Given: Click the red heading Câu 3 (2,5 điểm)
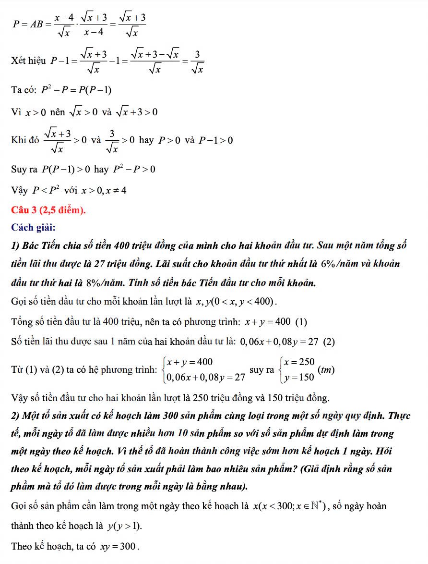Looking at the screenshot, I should [x=48, y=210].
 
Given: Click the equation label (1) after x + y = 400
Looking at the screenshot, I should [x=301, y=322].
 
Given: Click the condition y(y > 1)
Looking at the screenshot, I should [x=125, y=526].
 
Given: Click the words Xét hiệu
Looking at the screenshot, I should [x=28, y=61].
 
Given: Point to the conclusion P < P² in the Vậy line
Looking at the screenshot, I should [x=46, y=190].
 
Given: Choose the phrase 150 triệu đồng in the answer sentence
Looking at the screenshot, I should [x=300, y=398].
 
